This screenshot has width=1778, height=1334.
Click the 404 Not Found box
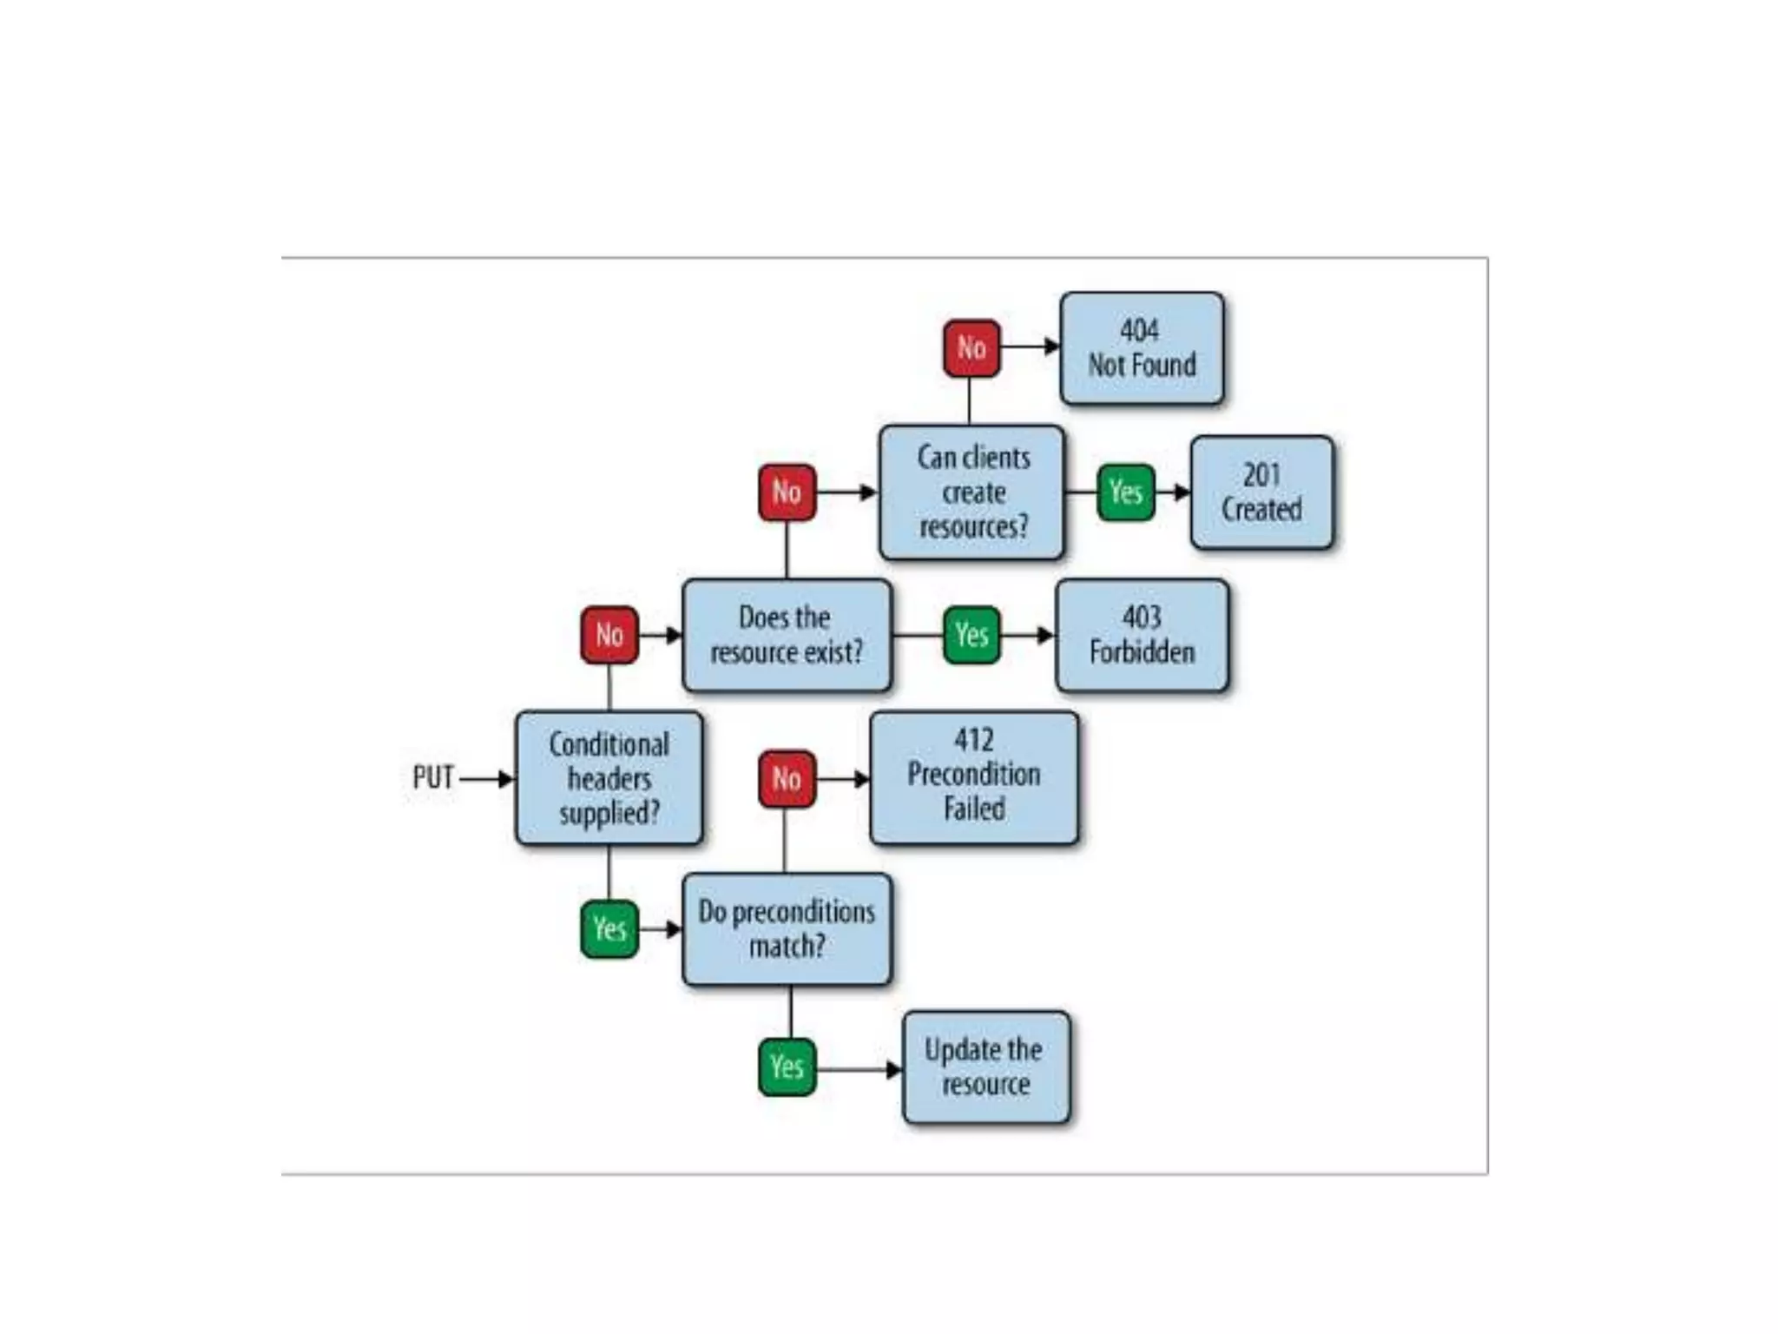coord(1142,348)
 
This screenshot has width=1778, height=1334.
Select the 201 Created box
coord(1261,492)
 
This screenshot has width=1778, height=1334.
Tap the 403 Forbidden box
coord(1142,635)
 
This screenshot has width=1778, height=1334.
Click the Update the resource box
coord(985,1067)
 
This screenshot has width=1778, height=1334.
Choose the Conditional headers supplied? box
coord(609,778)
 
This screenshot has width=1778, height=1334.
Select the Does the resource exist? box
coord(787,635)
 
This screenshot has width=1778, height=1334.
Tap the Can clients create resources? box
coord(972,492)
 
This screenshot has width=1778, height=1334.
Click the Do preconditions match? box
coord(787,928)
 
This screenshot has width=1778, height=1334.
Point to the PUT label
coord(432,777)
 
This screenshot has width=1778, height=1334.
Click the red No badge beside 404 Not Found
coord(971,348)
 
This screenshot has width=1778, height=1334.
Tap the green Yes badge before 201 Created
coord(1126,492)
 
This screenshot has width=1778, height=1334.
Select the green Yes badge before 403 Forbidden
coord(971,635)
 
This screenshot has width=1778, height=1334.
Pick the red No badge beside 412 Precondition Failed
coord(787,779)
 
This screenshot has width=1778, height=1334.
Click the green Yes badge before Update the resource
coord(787,1067)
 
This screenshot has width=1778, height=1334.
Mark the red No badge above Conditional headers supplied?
coord(609,635)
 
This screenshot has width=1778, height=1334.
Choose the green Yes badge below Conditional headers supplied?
coord(609,929)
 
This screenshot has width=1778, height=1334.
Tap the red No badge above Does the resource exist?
coord(787,492)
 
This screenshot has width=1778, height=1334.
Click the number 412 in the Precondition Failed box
coord(974,740)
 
